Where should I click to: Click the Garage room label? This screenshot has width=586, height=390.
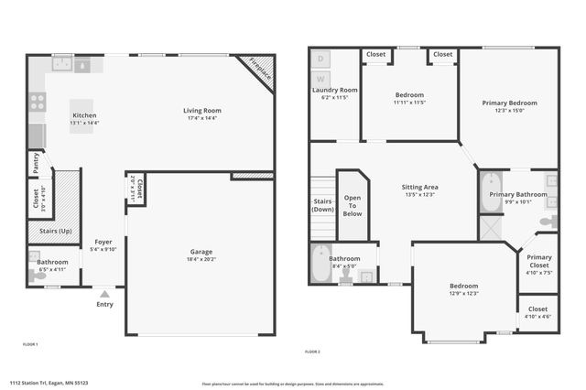pyautogui.click(x=201, y=252)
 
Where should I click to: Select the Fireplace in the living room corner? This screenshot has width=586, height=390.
pyautogui.click(x=256, y=72)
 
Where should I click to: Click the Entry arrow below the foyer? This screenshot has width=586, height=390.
pyautogui.click(x=105, y=294)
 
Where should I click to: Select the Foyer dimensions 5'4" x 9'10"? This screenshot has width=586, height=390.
pyautogui.click(x=103, y=250)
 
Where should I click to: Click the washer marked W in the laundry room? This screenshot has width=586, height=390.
pyautogui.click(x=320, y=78)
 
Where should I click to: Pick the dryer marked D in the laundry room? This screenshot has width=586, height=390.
pyautogui.click(x=320, y=59)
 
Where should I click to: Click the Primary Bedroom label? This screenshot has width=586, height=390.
pyautogui.click(x=509, y=103)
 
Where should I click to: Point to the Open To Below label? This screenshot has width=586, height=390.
pyautogui.click(x=353, y=206)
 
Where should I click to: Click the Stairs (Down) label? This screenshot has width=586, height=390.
pyautogui.click(x=323, y=205)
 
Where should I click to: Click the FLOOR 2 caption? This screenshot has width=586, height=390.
pyautogui.click(x=313, y=351)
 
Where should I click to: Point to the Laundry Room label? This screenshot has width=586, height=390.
pyautogui.click(x=335, y=90)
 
